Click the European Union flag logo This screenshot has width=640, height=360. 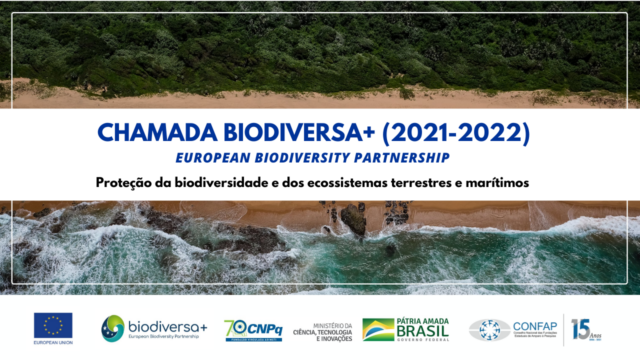(x=53, y=325)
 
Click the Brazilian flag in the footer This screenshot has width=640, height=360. (x=378, y=329)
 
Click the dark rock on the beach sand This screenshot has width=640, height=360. (x=353, y=219)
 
